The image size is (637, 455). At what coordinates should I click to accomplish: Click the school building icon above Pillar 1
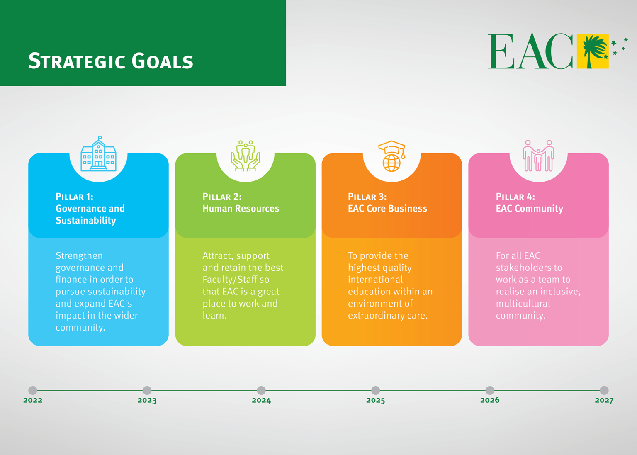point(98,154)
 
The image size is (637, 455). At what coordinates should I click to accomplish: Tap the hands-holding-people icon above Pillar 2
point(245,156)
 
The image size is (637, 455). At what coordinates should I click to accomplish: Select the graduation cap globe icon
point(391,156)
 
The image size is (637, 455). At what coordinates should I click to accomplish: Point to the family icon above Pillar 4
point(538,156)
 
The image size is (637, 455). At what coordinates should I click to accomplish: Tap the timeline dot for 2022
point(33,390)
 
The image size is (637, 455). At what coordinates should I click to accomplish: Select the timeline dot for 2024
point(261,390)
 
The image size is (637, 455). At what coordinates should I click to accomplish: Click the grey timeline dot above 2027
point(604,390)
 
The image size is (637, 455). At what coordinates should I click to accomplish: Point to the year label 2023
point(147,401)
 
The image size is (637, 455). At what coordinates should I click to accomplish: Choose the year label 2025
point(376,401)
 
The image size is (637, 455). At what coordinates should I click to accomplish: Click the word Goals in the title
point(162,61)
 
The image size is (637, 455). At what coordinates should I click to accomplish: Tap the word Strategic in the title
point(77,61)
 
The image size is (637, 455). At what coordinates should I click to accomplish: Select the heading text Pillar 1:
point(75,197)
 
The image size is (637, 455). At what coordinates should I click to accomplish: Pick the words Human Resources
point(241,209)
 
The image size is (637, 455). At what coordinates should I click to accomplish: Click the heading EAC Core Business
point(387,209)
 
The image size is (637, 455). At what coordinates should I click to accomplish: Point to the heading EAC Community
point(530,209)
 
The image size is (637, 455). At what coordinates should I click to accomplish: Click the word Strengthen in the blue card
point(79,256)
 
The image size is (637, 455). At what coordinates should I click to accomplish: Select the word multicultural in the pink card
point(523,304)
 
